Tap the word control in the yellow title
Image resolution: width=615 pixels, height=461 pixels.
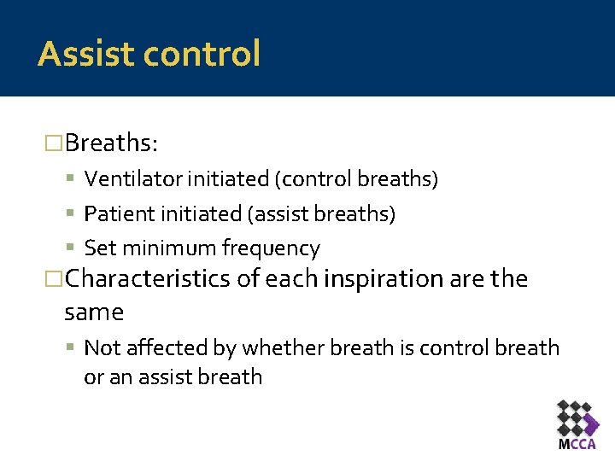pyautogui.click(x=202, y=54)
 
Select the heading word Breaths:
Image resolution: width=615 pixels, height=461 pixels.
pyautogui.click(x=111, y=143)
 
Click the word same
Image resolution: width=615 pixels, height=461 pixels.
pyautogui.click(x=94, y=312)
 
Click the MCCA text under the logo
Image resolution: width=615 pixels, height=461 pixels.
pyautogui.click(x=577, y=444)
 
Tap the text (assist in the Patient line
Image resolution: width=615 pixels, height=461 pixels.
pyautogui.click(x=272, y=214)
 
